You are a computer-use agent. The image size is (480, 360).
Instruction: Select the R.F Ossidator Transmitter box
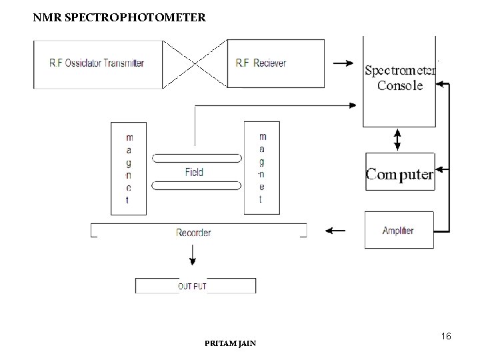coord(98,64)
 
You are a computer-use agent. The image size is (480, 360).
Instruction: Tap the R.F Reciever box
coord(261,64)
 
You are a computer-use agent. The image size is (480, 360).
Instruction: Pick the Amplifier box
coord(398,231)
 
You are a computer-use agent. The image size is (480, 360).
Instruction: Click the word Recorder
coord(193,233)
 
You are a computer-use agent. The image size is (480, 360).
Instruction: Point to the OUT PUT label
coord(192,287)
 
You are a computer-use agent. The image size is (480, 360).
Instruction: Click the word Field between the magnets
coord(194,172)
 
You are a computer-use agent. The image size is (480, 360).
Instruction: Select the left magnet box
coord(128,168)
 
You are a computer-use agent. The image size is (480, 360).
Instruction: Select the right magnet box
coord(261,168)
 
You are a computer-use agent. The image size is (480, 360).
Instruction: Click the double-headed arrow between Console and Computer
coord(398,139)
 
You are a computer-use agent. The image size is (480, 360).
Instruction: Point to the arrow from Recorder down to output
coord(193,255)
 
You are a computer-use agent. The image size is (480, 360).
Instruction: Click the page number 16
coord(446,337)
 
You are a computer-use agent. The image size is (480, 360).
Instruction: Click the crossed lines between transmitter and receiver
coord(195,64)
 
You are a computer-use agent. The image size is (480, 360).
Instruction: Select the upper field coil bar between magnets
coord(197,159)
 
